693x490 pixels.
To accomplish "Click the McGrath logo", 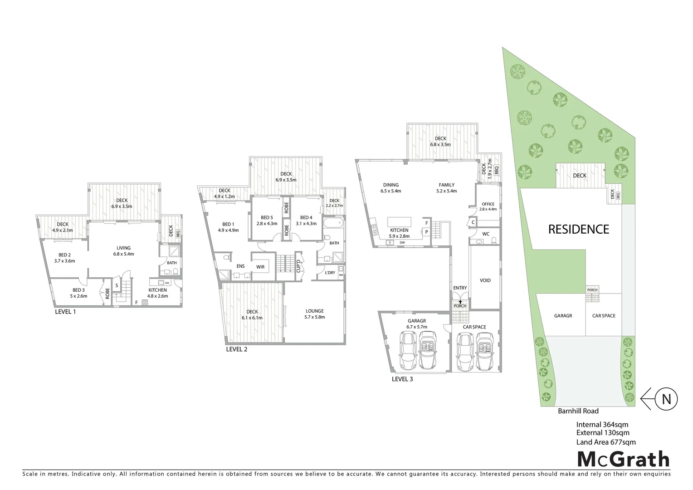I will click(623, 459).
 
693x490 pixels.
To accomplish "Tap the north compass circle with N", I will click(666, 399).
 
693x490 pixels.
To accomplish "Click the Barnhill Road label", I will click(578, 411).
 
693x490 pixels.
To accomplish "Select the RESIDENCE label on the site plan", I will click(578, 229).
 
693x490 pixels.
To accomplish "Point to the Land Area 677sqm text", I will click(605, 442).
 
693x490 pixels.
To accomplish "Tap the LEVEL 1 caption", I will click(65, 312).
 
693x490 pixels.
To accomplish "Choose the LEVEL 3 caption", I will click(402, 379).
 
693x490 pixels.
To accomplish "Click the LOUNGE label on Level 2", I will click(314, 311).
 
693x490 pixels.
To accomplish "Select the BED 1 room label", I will click(228, 224).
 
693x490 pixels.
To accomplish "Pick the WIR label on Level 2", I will click(260, 267).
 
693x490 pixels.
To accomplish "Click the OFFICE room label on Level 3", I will click(488, 204).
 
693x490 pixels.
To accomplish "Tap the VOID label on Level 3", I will click(485, 280).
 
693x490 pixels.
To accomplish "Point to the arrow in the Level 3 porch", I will click(460, 301).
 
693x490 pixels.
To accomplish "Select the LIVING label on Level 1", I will click(123, 248).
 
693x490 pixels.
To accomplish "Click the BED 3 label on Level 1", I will click(78, 290).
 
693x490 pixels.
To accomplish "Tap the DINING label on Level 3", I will click(390, 185).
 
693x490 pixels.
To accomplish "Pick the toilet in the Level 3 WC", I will click(495, 240).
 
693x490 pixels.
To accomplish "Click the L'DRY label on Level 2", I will click(330, 273).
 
